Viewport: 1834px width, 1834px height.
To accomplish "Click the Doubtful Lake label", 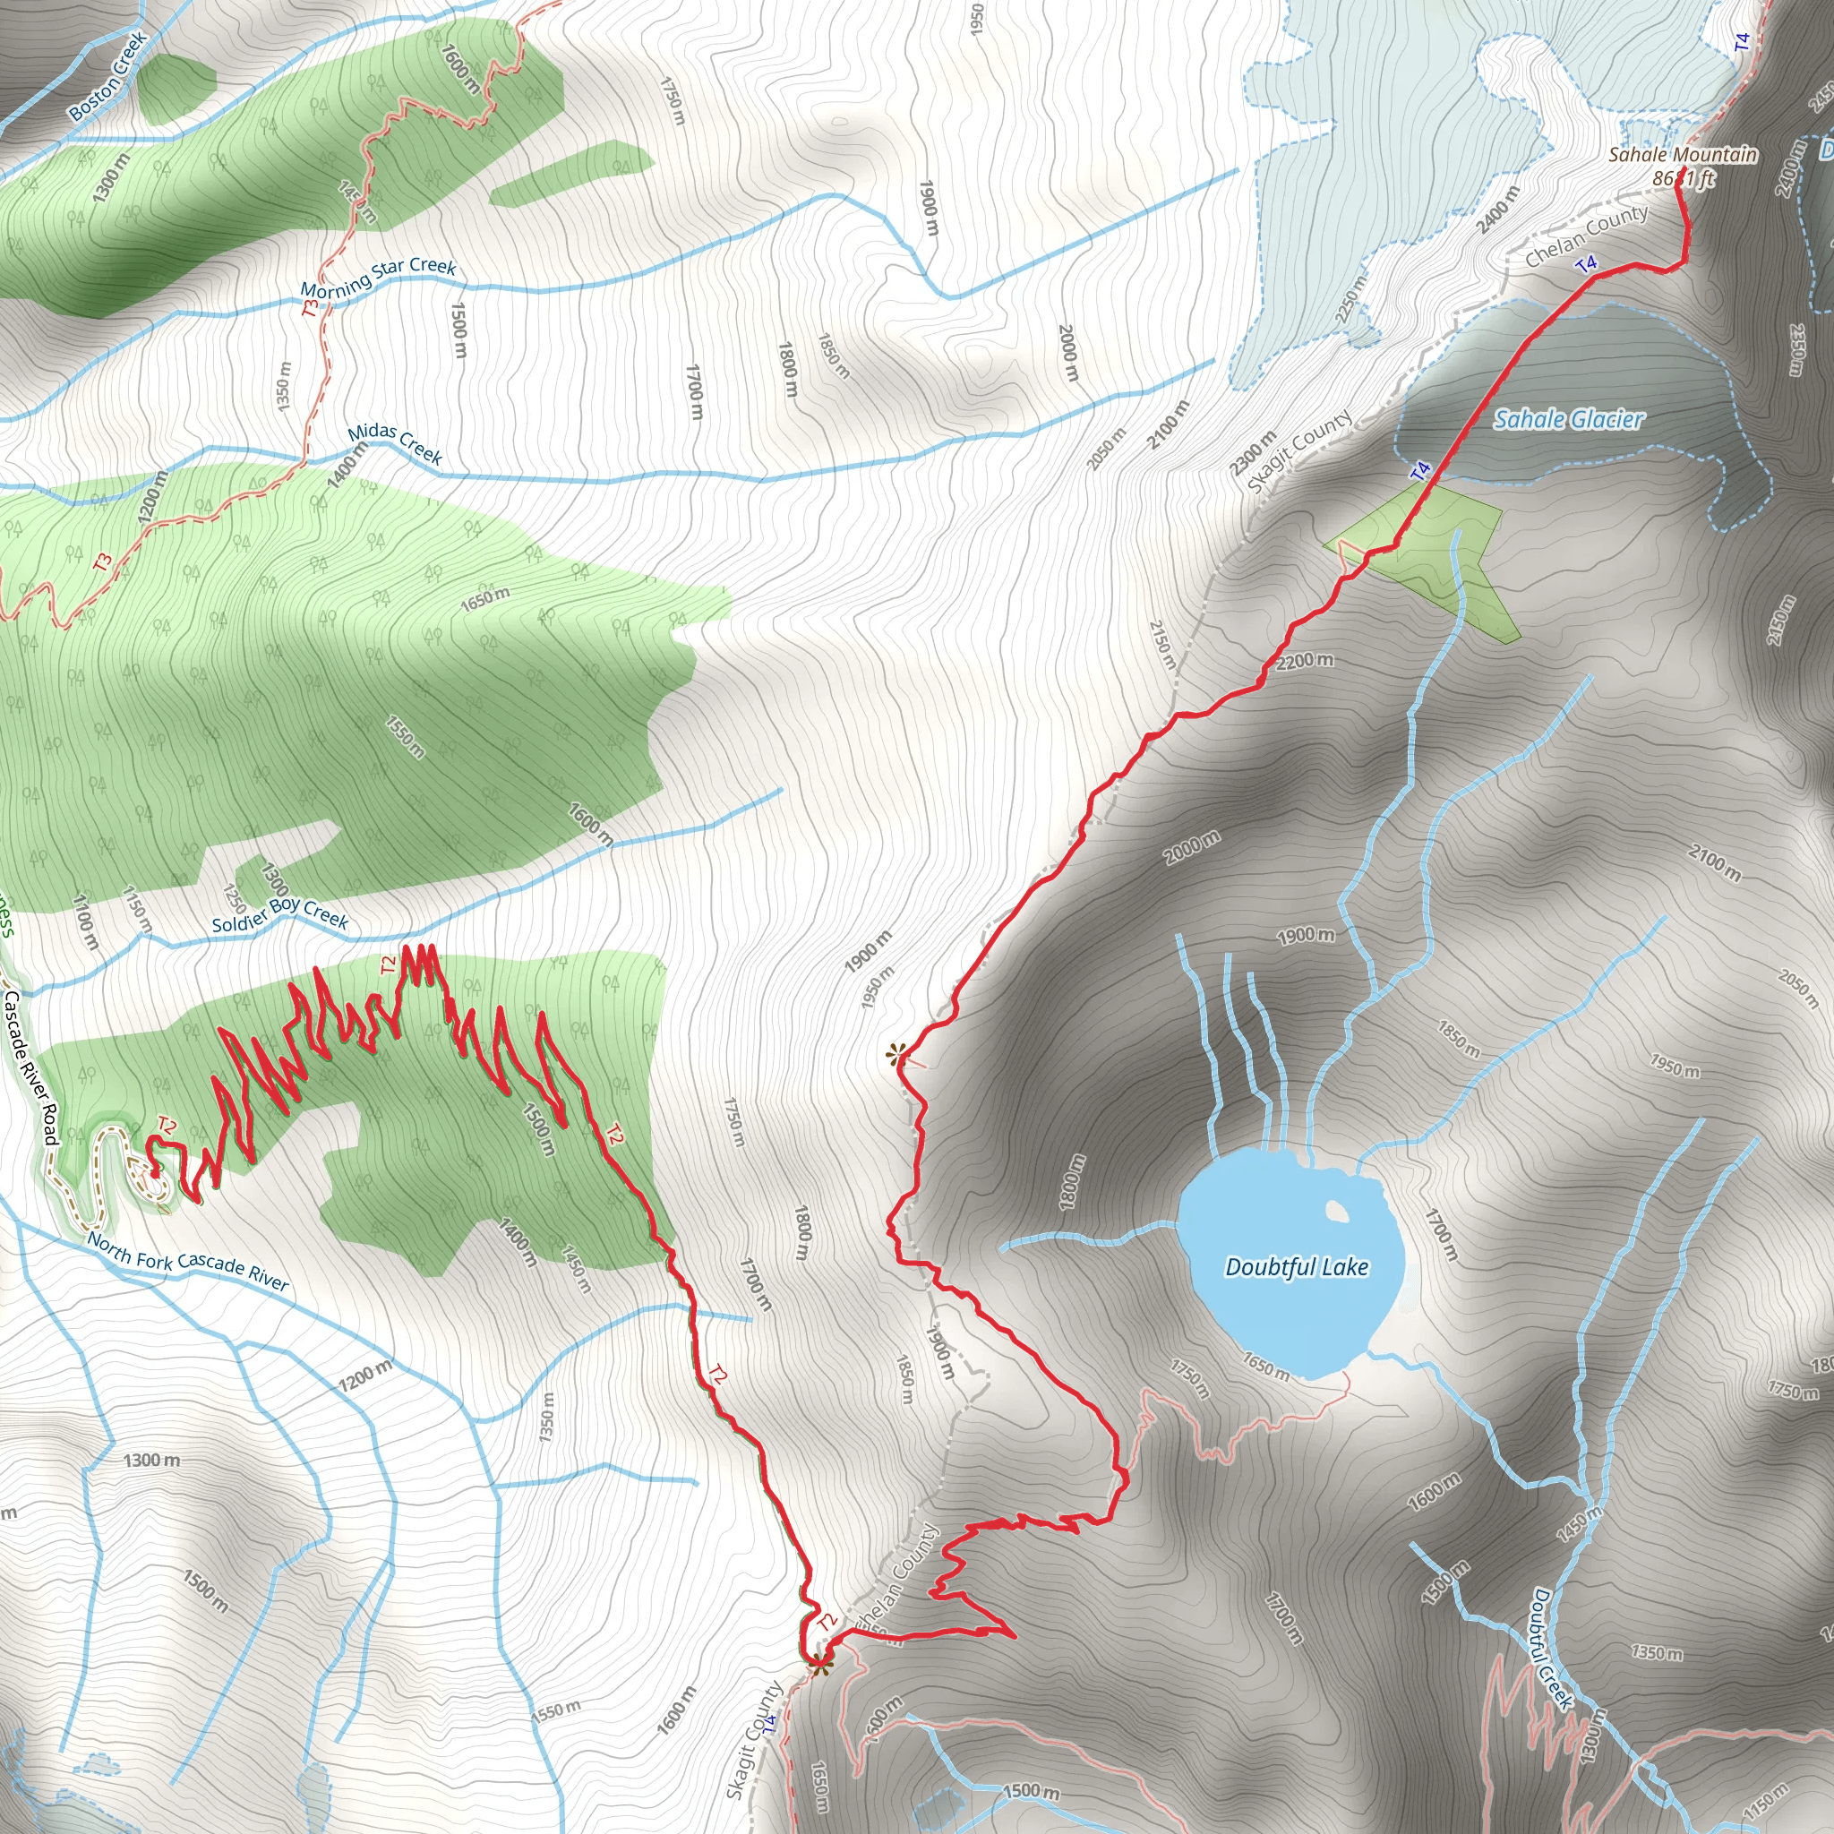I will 1297,1267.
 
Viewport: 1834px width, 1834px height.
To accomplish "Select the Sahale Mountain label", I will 1683,155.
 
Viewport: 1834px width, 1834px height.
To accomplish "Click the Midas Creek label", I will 395,443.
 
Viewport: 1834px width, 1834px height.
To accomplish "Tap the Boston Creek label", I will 108,76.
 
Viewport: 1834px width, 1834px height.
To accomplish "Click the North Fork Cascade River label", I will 188,1262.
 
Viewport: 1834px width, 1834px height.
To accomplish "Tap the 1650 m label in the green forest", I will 485,599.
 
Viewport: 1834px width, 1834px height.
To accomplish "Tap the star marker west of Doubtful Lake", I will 896,1053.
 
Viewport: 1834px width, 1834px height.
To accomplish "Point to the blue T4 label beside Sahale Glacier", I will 1420,470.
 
